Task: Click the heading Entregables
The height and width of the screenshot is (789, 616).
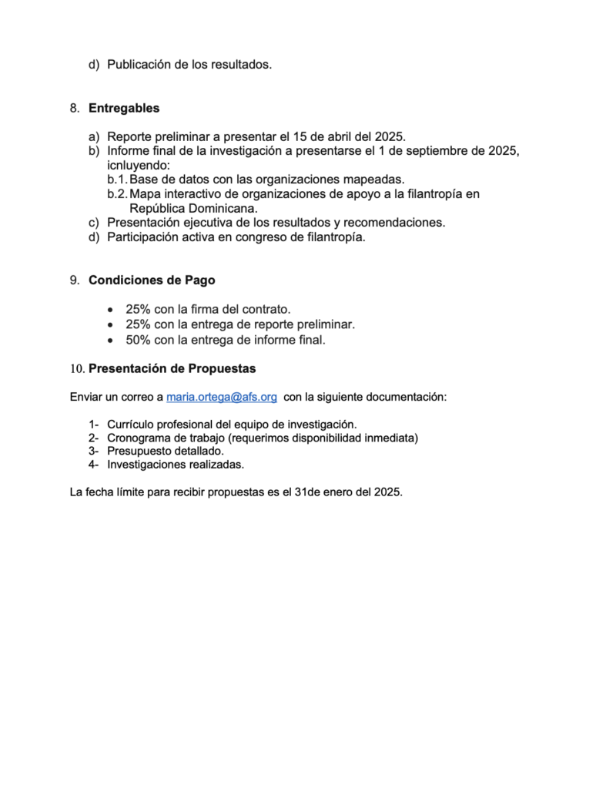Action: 124,108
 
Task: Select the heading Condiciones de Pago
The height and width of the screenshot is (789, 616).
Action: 152,280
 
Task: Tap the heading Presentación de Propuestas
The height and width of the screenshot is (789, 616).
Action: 172,368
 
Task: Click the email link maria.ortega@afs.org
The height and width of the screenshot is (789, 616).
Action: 222,397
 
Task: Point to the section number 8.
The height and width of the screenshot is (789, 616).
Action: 75,108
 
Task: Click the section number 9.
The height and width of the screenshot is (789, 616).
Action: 75,280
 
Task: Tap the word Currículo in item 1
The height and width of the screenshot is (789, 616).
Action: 130,425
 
